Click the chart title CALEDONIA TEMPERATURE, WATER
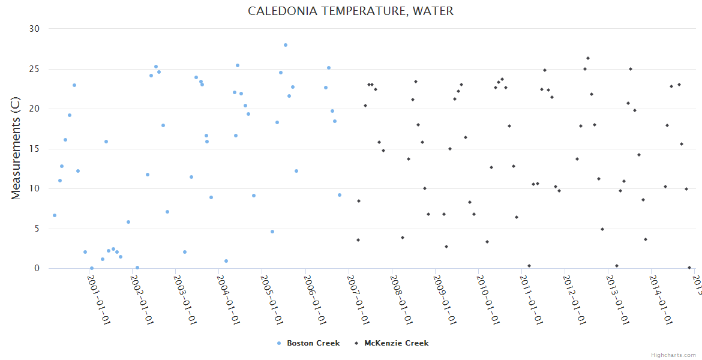tap(350, 11)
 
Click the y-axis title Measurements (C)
tap(16, 149)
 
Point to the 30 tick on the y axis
tap(34, 29)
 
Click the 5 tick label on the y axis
tap(37, 229)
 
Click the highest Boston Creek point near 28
tap(286, 45)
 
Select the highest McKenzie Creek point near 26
tap(588, 58)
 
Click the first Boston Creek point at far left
tap(55, 215)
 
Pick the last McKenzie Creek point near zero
tap(689, 268)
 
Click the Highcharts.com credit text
tap(673, 355)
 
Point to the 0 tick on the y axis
tap(37, 269)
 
